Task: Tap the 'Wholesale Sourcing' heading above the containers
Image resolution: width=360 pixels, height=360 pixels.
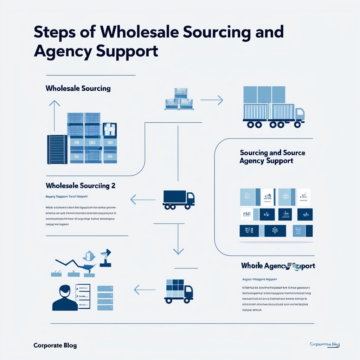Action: tap(78, 88)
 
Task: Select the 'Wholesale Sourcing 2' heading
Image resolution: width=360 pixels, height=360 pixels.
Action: tap(81, 185)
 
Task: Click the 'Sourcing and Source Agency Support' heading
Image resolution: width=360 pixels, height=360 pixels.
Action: tap(272, 157)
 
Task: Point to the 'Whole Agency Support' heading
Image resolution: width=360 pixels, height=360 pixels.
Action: tap(278, 266)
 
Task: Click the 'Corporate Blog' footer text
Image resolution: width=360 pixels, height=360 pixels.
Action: tap(55, 345)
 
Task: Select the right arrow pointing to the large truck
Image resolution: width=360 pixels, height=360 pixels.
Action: tap(212, 100)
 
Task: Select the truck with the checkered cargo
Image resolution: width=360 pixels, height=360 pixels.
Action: tap(178, 290)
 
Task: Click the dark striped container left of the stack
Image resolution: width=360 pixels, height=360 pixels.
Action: tap(57, 149)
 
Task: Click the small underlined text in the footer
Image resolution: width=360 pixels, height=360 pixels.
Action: tap(324, 345)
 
